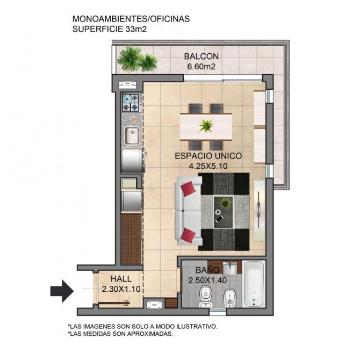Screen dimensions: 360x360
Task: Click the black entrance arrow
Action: [x=62, y=291]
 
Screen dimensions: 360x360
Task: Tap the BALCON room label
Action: [x=201, y=56]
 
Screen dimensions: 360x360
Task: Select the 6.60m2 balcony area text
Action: [x=201, y=67]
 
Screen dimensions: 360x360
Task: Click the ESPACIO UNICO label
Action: [x=208, y=156]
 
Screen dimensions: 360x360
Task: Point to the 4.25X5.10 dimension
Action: [x=208, y=166]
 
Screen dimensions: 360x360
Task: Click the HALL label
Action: [x=121, y=279]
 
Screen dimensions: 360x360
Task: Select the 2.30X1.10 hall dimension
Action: [x=121, y=289]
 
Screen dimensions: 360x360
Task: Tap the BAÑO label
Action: [x=207, y=270]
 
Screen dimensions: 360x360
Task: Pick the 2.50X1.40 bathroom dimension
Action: [x=207, y=280]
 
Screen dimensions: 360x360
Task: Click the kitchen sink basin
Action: [x=132, y=136]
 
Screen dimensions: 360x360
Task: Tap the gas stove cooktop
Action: [x=131, y=103]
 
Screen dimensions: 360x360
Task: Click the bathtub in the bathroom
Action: [x=254, y=284]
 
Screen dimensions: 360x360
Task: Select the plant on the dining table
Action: [x=206, y=126]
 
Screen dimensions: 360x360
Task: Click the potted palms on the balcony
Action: [x=137, y=59]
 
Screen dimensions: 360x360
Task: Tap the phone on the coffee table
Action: [x=219, y=219]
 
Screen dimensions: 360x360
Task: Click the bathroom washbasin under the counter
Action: [x=229, y=269]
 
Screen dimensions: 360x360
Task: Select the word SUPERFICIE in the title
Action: [x=98, y=30]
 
